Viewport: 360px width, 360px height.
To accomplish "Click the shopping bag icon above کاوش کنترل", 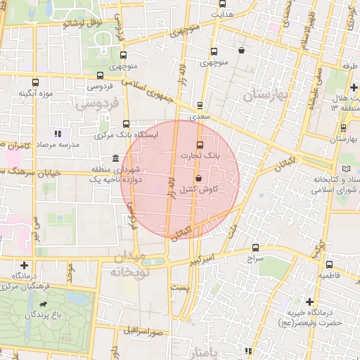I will pos(198,178).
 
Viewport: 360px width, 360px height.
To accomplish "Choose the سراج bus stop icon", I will pos(255,247).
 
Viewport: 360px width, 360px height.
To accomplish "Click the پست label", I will pos(181,288).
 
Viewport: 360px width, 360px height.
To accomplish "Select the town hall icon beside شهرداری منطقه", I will pos(115,158).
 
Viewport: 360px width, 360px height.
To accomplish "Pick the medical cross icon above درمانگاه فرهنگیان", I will pos(25,265).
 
